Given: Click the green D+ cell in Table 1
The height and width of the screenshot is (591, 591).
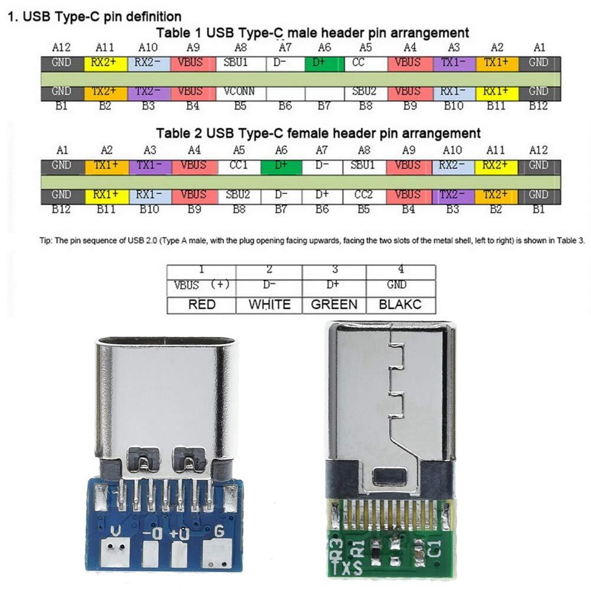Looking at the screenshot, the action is point(324,64).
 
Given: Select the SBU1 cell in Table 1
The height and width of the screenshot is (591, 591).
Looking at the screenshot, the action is point(241,64).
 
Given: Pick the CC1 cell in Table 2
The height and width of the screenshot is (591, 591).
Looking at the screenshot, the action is point(239,166).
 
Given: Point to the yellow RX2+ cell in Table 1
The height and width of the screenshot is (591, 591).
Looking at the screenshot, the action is point(106,64).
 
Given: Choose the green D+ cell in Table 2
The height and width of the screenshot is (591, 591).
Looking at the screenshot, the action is point(281,166).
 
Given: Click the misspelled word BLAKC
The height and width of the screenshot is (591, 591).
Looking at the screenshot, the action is point(400,305).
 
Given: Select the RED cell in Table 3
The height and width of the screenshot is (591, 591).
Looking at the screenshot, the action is point(202,305).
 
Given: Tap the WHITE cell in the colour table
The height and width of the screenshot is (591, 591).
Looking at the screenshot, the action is point(269,305).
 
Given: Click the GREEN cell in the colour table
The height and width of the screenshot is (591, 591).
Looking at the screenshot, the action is point(334,305).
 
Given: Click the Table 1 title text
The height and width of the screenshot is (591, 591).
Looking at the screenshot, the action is point(312,33).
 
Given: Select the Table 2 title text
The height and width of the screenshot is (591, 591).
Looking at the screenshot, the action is point(318,133).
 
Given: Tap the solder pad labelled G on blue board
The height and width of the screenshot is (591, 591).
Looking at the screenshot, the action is point(217,553).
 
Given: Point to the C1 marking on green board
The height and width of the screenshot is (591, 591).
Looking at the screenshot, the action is point(434,549).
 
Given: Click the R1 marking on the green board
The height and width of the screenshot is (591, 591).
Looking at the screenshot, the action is point(358,549).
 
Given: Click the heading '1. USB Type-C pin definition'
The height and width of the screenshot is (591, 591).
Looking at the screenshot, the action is point(94,17).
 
